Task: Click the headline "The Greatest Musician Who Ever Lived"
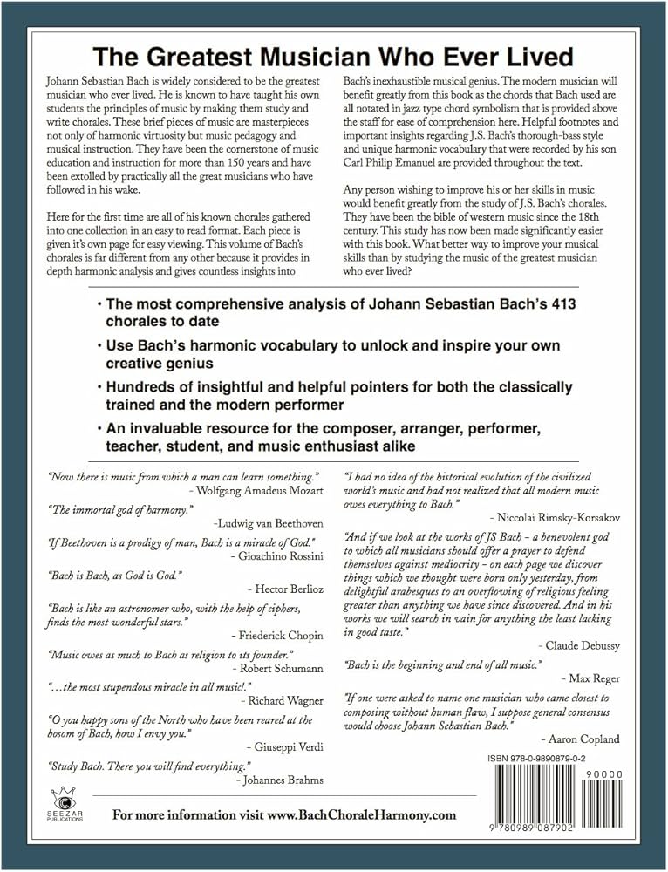(x=334, y=58)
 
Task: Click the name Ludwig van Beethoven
(x=270, y=523)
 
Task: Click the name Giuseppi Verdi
(x=288, y=748)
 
